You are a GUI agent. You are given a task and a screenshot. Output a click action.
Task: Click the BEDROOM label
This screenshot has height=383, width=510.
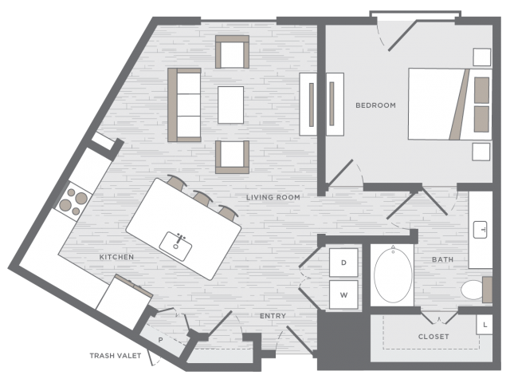375,105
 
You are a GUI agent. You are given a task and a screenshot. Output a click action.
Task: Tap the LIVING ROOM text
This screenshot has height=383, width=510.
273,197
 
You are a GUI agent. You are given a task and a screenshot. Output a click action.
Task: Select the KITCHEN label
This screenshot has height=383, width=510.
116,257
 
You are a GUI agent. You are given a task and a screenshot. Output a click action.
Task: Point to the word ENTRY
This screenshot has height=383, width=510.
273,316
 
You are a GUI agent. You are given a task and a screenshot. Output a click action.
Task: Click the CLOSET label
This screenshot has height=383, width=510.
433,337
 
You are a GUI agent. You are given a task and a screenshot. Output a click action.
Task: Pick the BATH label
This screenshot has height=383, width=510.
442,259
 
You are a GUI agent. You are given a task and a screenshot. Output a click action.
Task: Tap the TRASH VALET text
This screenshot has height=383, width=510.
115,356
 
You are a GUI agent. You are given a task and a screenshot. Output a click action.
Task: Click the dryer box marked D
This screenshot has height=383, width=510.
343,263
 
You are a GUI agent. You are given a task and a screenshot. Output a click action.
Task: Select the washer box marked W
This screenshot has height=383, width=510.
343,294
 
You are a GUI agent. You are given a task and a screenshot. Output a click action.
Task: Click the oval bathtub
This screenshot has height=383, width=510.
393,274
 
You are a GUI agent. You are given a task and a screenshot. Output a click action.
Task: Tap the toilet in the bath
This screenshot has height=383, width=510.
476,289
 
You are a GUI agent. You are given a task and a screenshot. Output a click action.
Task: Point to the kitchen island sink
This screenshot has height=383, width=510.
175,246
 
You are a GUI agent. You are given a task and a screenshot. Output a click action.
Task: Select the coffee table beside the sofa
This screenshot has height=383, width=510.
230,105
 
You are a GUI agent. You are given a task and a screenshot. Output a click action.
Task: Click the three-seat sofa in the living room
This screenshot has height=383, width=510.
184,105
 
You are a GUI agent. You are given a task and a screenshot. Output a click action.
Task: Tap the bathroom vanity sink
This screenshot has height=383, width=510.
480,230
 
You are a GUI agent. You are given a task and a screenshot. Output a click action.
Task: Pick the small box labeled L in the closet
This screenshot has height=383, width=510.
484,325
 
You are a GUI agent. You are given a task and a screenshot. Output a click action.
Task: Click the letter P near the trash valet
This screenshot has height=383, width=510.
160,340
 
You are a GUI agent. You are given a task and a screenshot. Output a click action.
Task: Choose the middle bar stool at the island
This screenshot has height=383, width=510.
202,198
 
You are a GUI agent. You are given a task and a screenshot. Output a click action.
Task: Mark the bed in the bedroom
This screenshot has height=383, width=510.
449,105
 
